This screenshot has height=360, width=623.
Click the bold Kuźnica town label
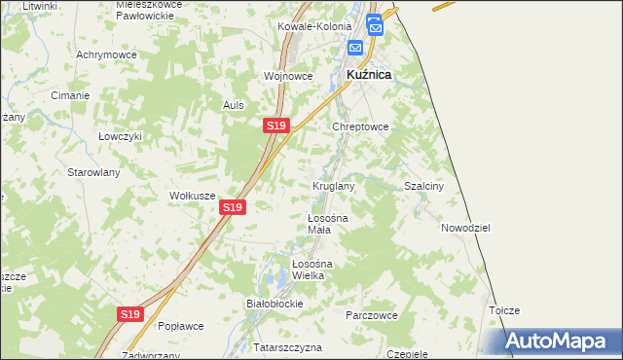369,74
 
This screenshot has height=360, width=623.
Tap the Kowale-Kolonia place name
311,27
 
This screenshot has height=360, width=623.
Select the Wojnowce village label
287,75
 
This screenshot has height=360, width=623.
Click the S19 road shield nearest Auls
275,126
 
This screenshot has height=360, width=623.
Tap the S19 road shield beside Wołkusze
232,207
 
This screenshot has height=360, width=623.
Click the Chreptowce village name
361,126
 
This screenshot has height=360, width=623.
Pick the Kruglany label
333,185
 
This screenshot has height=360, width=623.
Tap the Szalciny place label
423,186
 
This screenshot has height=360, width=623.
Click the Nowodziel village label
464,227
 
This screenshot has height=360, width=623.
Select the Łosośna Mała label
320,224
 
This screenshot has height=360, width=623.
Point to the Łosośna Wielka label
313,270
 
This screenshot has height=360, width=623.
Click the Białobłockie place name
275,303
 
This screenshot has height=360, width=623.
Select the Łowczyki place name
120,136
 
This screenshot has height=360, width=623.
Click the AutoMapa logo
558,342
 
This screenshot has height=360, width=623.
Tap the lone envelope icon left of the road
355,47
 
